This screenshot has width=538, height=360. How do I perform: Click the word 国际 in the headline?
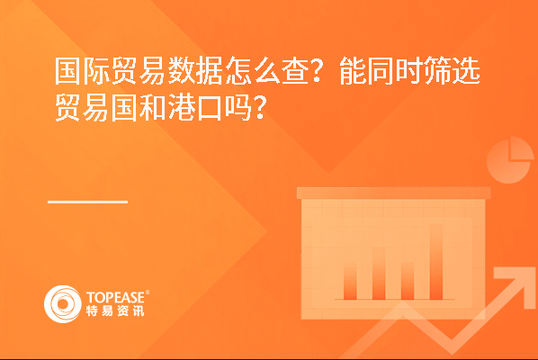(83, 71)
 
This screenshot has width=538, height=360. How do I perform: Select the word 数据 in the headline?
(195, 71)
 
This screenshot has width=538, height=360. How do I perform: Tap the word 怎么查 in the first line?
(267, 71)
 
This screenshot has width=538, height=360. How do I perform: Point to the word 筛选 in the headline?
(453, 71)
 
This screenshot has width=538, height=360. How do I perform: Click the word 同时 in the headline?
(395, 71)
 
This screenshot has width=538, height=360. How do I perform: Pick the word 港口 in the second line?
(195, 108)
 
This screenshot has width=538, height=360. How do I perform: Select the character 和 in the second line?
(153, 108)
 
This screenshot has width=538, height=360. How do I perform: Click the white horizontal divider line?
(88, 202)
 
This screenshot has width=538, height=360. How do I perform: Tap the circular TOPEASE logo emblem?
(63, 304)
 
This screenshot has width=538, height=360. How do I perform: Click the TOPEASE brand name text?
(115, 297)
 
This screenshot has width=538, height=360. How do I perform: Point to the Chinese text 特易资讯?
(115, 310)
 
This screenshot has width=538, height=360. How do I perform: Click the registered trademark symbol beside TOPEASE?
(148, 292)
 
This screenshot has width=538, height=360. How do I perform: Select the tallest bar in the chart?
(436, 262)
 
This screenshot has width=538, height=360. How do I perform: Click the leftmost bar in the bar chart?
(350, 281)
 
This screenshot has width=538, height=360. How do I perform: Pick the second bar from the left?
(379, 274)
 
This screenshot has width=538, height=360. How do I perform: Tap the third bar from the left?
(408, 281)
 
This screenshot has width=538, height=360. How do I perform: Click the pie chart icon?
(510, 159)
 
